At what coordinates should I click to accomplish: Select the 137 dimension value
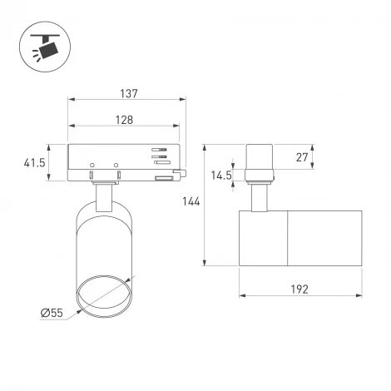[127, 94]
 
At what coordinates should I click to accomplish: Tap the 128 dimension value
[124, 120]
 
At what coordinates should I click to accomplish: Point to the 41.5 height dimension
[33, 163]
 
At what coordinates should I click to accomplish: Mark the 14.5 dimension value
[221, 176]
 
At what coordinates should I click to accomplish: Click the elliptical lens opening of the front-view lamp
[102, 295]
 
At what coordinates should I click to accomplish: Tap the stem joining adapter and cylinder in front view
[104, 196]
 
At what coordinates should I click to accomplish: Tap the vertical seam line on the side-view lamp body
[288, 238]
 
